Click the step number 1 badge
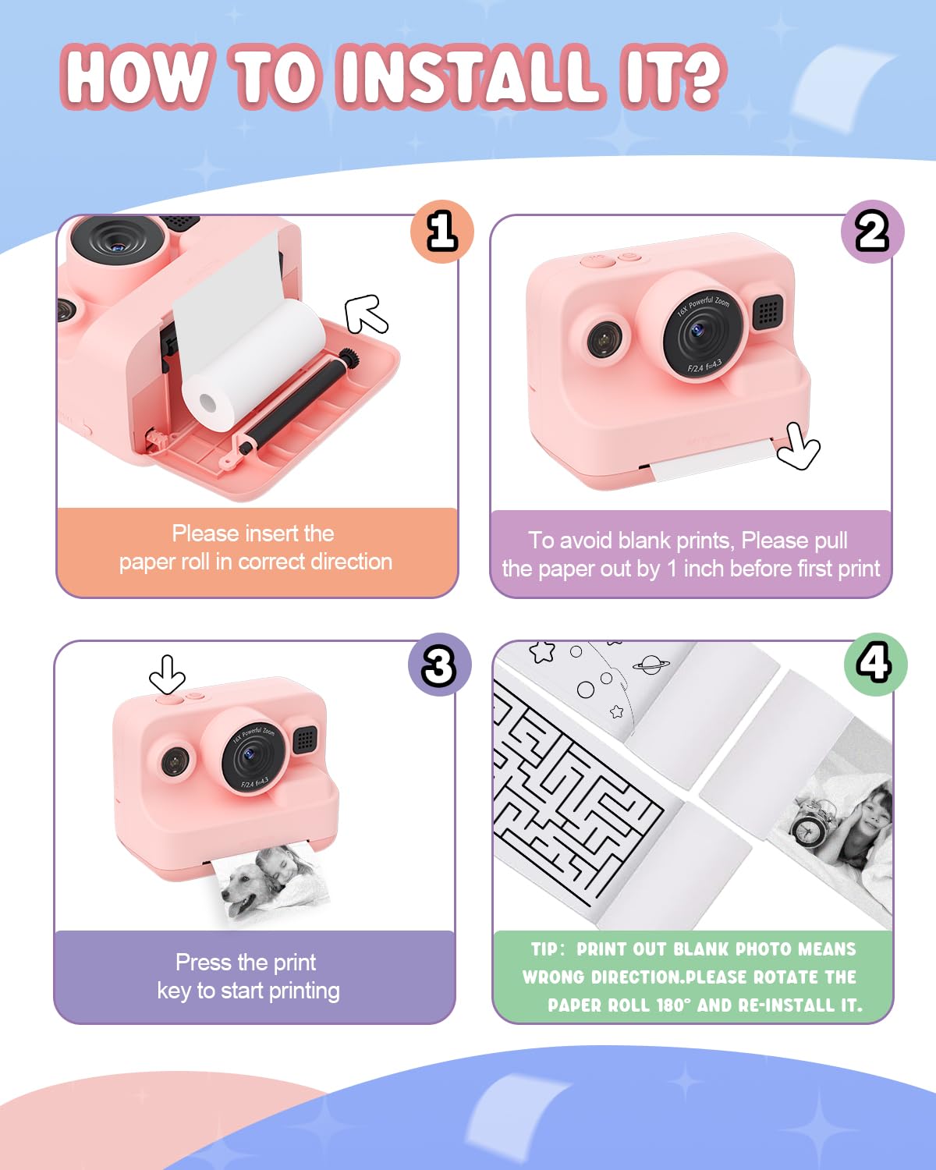pyautogui.click(x=442, y=232)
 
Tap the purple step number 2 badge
pyautogui.click(x=872, y=232)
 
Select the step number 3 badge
pyautogui.click(x=439, y=665)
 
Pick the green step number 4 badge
pyautogui.click(x=874, y=664)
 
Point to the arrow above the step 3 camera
pyautogui.click(x=167, y=674)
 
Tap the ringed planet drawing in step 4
pyautogui.click(x=650, y=665)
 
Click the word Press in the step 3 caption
pyautogui.click(x=203, y=962)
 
